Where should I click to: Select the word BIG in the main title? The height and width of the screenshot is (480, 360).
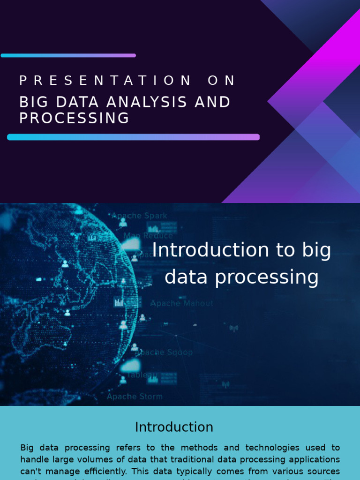pos(34,102)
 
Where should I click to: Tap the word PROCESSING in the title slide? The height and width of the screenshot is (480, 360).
pos(74,118)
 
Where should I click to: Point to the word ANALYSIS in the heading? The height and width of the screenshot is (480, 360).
pos(147,102)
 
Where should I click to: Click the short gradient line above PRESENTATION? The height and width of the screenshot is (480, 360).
pos(68,55)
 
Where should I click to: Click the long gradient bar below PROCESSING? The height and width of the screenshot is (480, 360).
pos(133,137)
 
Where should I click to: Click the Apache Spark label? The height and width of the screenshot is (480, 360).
pos(139,216)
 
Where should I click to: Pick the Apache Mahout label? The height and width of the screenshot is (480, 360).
pos(181,303)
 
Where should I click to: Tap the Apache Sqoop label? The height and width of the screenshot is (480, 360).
pos(165,352)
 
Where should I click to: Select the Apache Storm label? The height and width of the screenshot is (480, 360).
pos(135,397)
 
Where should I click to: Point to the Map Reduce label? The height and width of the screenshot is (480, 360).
pos(148,236)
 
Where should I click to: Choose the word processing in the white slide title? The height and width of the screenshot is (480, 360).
pos(267,277)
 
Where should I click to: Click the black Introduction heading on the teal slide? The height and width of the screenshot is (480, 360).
pos(174,427)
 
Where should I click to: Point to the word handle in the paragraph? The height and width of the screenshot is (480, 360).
pos(35,459)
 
